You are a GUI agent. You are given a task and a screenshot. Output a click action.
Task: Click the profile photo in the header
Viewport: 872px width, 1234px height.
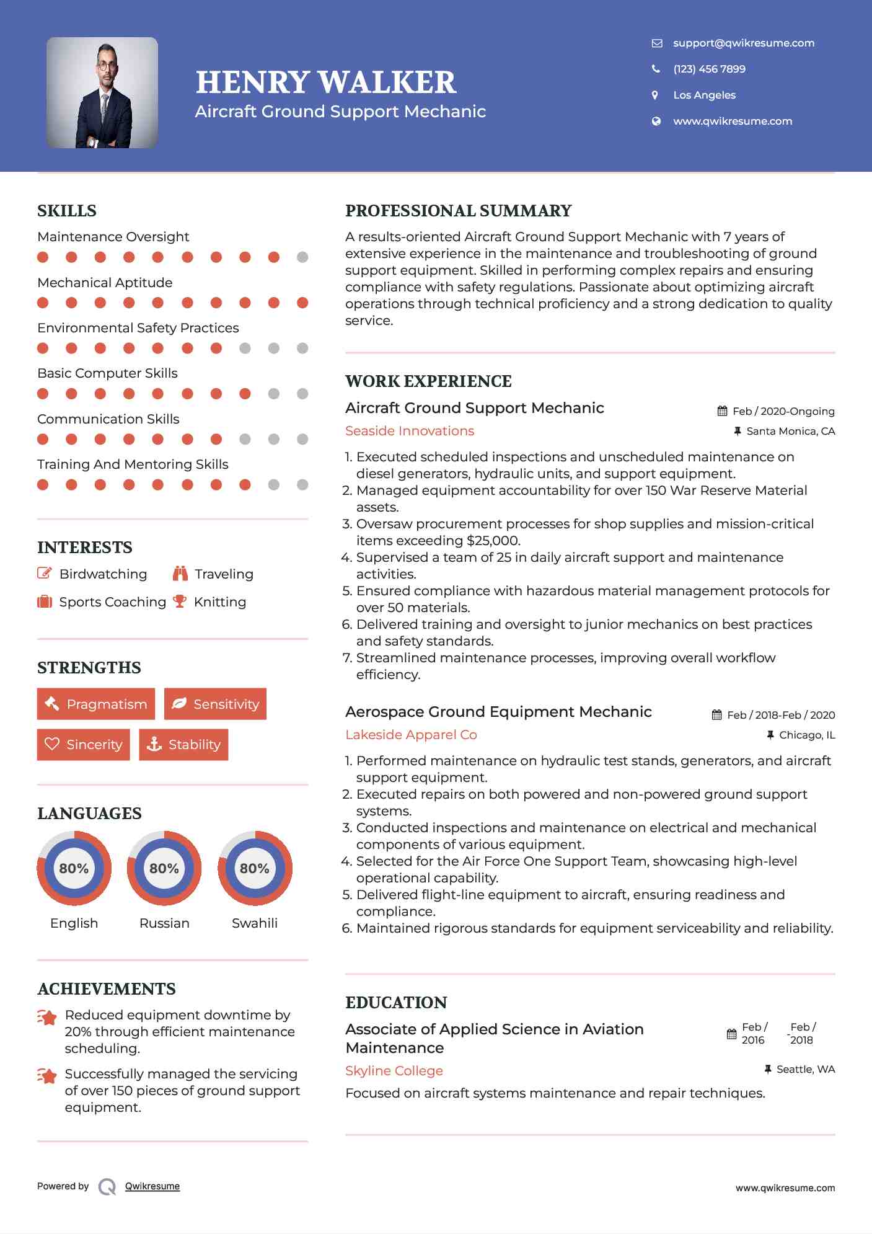[102, 92]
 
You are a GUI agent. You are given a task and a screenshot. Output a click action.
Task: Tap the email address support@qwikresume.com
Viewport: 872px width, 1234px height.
[743, 43]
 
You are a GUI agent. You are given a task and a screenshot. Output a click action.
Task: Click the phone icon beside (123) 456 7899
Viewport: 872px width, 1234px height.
[656, 69]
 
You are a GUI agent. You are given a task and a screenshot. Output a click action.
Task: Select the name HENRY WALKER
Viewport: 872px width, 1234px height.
[326, 82]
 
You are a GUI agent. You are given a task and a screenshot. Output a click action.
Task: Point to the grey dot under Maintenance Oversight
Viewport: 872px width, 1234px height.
[302, 257]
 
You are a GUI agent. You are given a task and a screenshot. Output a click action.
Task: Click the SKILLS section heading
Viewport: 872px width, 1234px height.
[67, 211]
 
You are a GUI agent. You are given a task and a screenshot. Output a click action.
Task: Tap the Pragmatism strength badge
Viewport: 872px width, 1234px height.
[96, 704]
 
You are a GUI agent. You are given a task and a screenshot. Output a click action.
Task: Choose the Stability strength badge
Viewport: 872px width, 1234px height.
[183, 744]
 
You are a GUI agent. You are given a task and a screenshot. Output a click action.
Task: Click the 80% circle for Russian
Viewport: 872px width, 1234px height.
[164, 868]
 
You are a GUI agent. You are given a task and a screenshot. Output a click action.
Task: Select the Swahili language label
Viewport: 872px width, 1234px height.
[254, 923]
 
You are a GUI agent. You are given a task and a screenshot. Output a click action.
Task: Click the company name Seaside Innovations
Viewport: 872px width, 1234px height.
[410, 431]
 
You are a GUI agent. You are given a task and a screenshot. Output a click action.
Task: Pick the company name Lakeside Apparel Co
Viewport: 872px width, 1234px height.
[411, 735]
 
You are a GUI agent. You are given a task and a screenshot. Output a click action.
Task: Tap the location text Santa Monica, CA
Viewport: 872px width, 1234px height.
[790, 431]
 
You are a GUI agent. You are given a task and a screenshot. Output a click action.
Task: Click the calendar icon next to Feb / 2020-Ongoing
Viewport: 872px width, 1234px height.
[722, 411]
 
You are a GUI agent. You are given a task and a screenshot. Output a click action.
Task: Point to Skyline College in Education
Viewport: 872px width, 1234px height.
[394, 1071]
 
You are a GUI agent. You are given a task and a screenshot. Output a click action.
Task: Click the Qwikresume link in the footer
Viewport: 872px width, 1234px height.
[152, 1186]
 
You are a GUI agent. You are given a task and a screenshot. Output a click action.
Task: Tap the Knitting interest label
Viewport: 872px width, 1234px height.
[220, 602]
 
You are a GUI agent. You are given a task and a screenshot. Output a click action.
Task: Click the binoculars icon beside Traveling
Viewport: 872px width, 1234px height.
[180, 574]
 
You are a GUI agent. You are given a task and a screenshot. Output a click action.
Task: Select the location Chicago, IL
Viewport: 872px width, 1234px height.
[807, 735]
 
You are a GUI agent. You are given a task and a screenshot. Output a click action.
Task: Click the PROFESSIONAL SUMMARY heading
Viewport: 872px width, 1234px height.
[458, 211]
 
